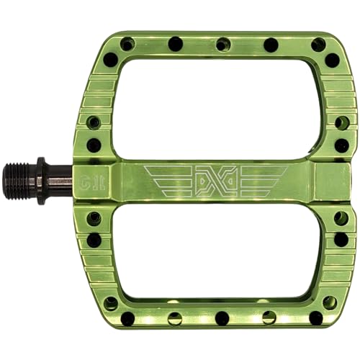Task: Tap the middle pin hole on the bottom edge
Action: click(x=222, y=318)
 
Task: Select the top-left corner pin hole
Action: click(x=127, y=45)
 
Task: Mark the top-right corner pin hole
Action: click(x=318, y=45)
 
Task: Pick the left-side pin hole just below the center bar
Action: click(x=94, y=217)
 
